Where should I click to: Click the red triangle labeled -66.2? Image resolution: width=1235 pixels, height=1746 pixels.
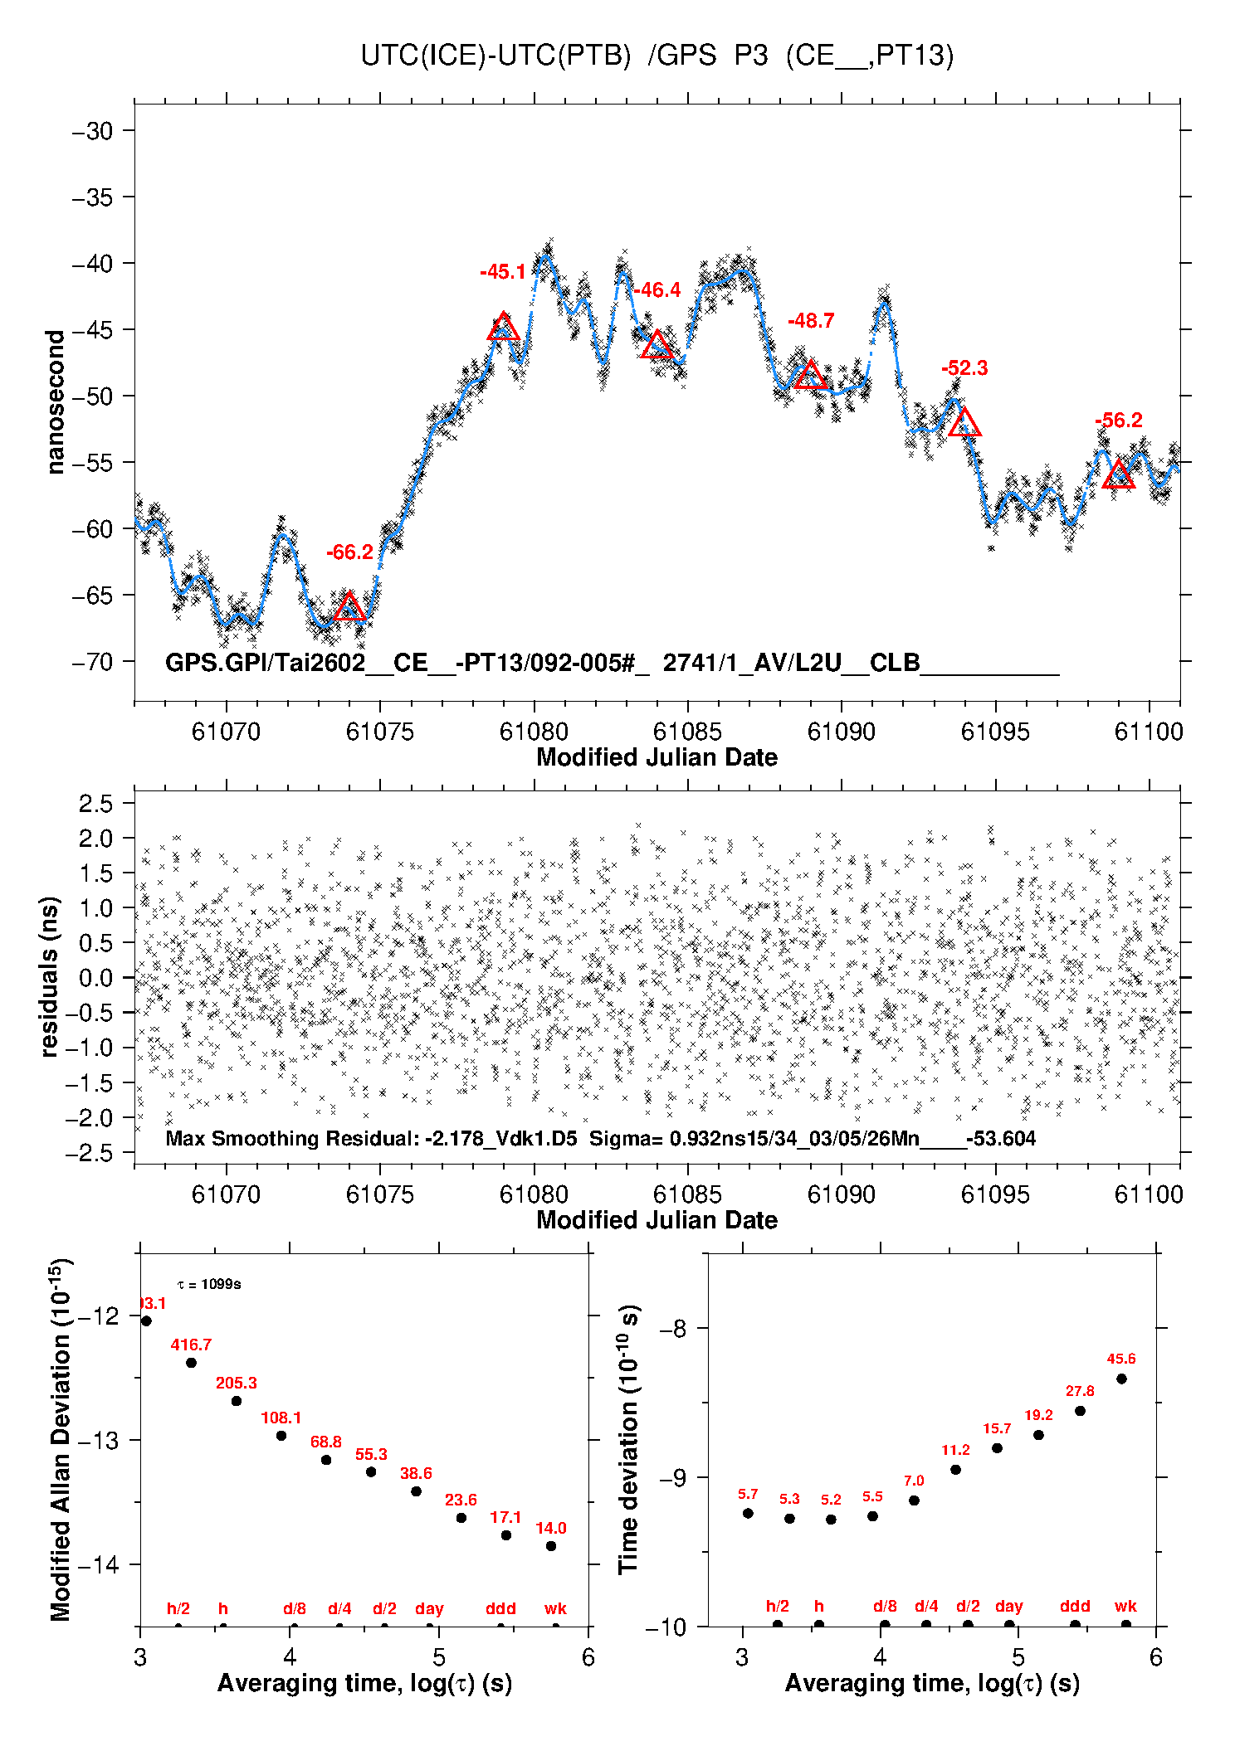349,607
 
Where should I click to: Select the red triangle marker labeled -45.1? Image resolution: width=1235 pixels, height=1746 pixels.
503,328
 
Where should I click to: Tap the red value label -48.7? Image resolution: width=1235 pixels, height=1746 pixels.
811,321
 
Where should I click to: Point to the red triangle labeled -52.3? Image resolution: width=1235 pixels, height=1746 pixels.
964,423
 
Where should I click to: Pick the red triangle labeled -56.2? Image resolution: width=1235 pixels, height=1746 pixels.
1118,475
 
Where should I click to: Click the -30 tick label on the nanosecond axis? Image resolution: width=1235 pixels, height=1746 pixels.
92,131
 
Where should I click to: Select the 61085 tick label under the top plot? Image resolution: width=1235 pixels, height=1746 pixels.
687,732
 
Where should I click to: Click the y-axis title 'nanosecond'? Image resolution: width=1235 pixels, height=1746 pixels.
56,402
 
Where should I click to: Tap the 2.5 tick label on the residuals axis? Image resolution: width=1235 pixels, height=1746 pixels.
95,803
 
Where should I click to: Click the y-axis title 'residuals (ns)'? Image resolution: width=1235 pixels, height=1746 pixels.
50,976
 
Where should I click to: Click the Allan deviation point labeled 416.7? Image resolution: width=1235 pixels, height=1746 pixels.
191,1363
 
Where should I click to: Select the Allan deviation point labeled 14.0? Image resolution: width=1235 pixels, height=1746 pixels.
551,1546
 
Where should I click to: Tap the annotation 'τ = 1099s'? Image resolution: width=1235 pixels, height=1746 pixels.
209,1284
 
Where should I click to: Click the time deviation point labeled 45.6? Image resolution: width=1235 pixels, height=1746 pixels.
1121,1379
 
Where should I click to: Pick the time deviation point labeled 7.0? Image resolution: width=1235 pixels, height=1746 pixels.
914,1500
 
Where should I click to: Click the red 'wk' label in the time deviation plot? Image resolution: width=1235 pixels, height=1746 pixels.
1125,1606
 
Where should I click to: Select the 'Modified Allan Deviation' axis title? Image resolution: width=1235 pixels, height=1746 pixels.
61,1440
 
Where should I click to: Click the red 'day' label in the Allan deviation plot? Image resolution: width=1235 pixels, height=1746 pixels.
429,1608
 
